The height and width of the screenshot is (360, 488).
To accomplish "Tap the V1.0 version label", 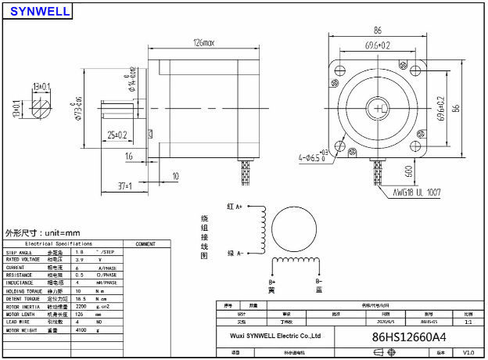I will (x=468, y=353).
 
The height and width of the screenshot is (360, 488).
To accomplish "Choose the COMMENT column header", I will (x=145, y=244).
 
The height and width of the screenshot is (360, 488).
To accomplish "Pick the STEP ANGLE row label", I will (x=21, y=253).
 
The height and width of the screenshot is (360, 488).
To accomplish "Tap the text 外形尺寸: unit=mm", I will (x=43, y=233).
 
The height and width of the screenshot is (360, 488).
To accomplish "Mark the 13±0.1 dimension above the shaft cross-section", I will (x=41, y=85).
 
